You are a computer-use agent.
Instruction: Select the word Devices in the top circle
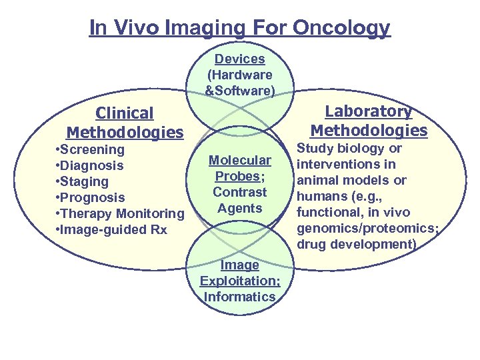point(239,59)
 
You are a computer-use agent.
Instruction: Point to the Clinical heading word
point(124,113)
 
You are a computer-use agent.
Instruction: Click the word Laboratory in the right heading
point(368,111)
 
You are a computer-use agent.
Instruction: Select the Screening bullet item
point(91,149)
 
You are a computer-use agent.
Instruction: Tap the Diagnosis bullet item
point(90,165)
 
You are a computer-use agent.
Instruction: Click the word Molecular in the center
point(240,160)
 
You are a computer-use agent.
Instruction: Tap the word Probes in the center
point(238,176)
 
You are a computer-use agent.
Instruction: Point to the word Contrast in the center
point(240,192)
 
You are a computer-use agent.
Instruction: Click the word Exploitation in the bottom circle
point(239,281)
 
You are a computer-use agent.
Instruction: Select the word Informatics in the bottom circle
point(239,297)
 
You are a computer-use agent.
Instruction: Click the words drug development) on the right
point(357,244)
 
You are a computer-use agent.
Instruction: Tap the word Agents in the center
point(240,208)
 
